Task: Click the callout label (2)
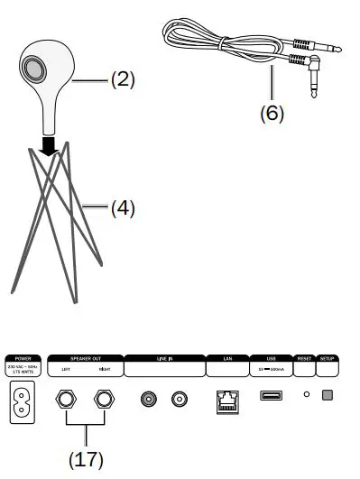[122, 79]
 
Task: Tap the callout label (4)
[122, 208]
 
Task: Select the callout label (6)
[272, 114]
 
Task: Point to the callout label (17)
[86, 458]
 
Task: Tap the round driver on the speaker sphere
[35, 69]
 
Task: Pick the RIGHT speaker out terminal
[105, 398]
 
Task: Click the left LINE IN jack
[147, 397]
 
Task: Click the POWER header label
[23, 358]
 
